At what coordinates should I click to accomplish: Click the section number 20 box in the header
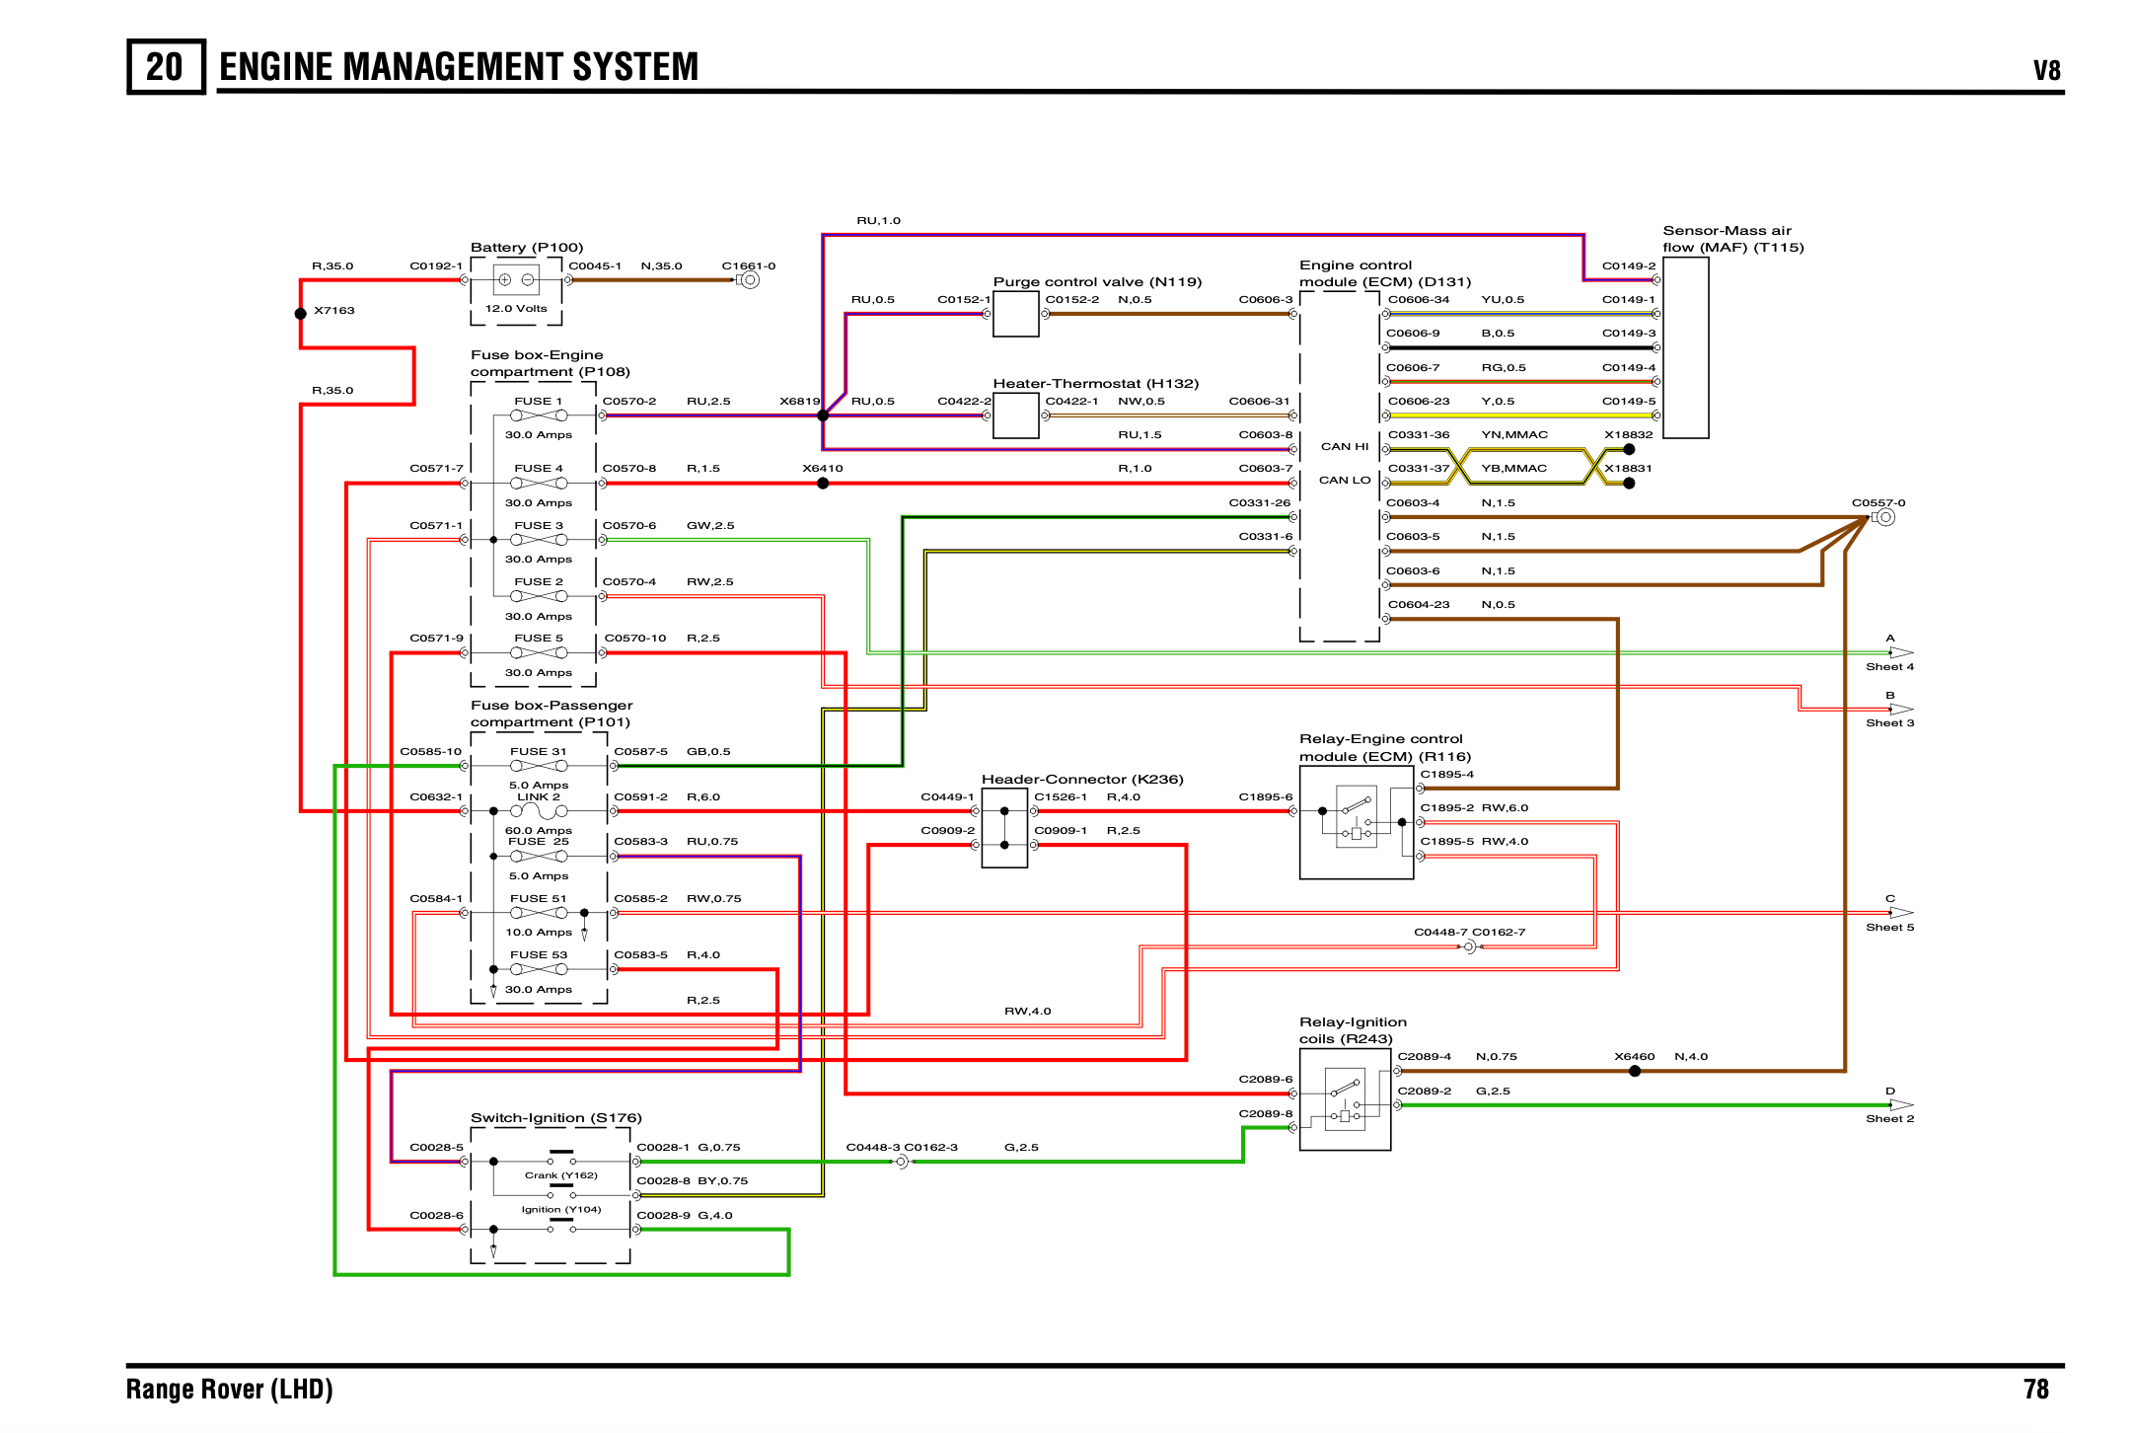coord(166,66)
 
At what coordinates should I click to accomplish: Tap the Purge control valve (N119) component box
coord(1016,314)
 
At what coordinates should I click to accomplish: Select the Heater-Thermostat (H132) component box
coord(1016,415)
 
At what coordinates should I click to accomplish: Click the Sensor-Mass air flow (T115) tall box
coord(1686,347)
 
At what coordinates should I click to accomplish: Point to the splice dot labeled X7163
coord(301,314)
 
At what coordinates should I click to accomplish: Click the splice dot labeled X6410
coord(823,484)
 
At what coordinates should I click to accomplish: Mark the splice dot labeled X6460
coord(1635,1071)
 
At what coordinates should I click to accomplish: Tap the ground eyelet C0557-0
coord(1885,517)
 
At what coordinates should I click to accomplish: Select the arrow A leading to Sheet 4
coord(1901,652)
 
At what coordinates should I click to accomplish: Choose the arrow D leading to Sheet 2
coord(1901,1105)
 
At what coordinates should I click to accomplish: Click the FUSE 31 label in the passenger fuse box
coord(539,751)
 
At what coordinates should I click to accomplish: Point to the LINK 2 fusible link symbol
coord(539,811)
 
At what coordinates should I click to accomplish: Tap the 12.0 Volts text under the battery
coord(516,309)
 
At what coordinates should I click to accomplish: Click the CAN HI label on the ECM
coord(1345,447)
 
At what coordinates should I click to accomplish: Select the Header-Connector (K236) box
coord(1004,828)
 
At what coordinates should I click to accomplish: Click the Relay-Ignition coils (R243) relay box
coord(1346,1099)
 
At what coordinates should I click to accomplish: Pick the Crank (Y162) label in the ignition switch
coord(561,1175)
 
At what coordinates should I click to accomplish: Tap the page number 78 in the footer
coord(2036,1390)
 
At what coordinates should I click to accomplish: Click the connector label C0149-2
coord(1629,265)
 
